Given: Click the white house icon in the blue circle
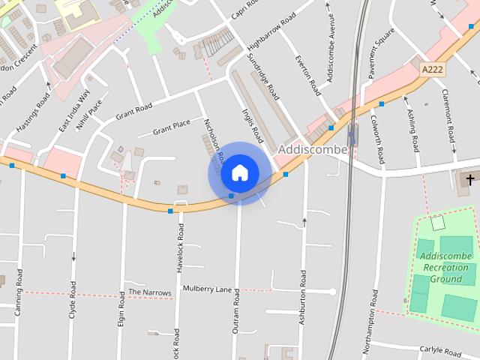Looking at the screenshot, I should [239, 172].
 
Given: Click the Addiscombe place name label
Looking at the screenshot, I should [313, 149].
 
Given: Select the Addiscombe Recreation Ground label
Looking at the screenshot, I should [447, 267].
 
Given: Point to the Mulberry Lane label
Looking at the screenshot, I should [208, 289].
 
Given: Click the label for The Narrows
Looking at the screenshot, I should [150, 292].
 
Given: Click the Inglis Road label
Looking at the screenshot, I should [253, 124].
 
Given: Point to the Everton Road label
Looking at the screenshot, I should [307, 75].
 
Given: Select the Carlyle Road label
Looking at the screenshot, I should [440, 351].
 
